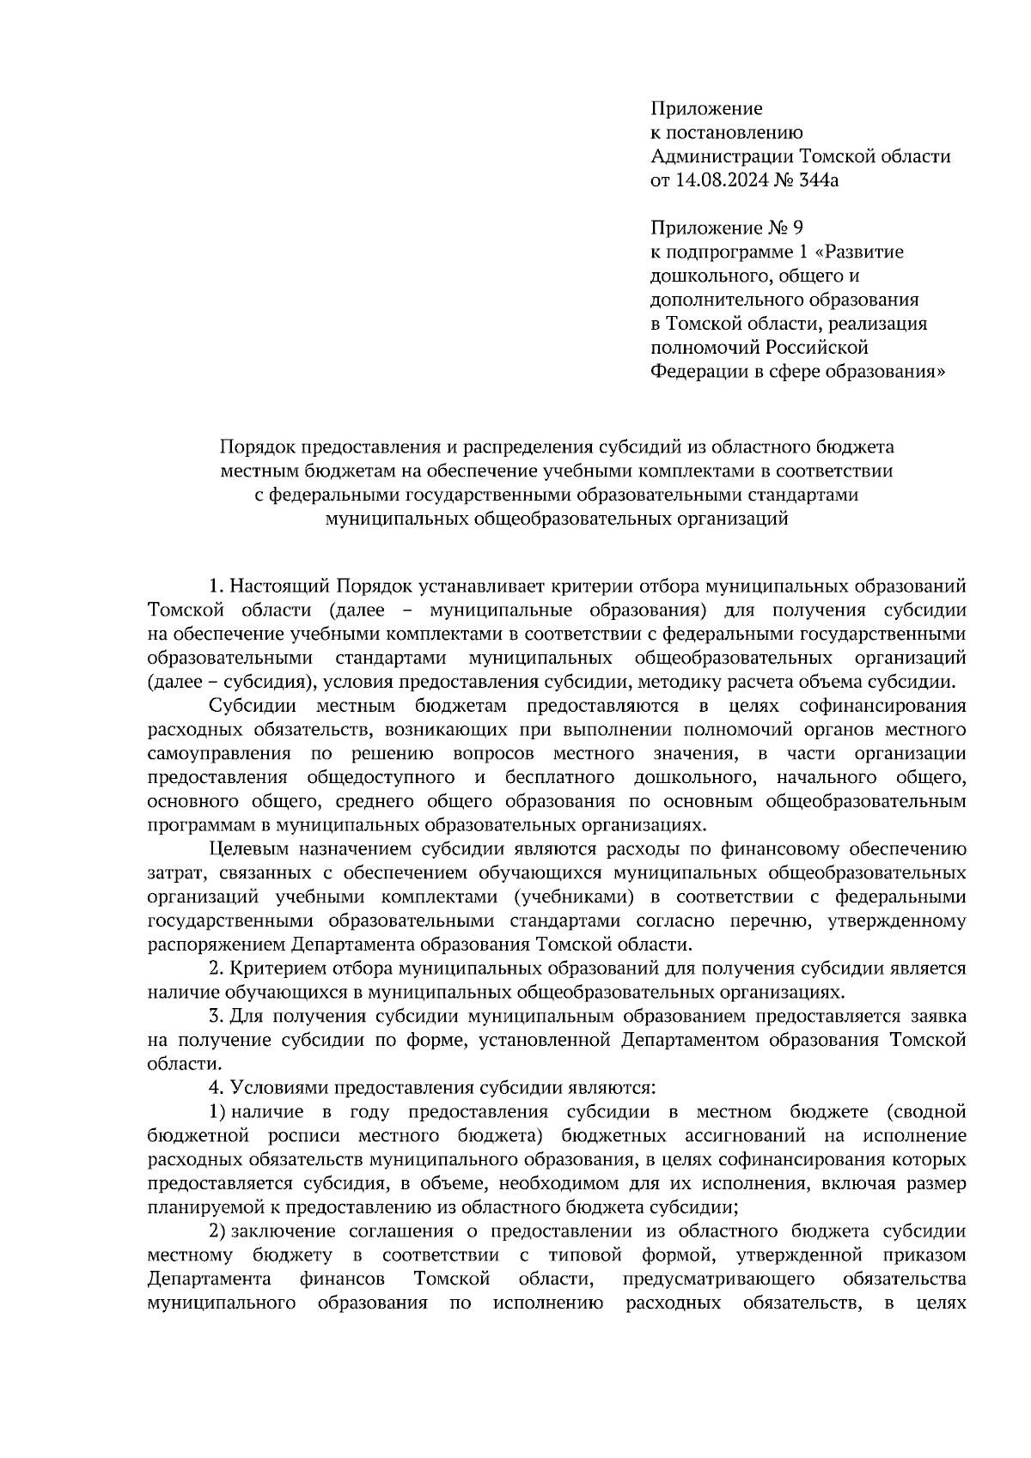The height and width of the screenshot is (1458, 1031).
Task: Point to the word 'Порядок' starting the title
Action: click(255, 447)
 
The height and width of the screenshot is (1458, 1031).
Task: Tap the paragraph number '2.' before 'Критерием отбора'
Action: click(217, 969)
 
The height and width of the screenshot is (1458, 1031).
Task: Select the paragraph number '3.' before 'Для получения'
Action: click(217, 1016)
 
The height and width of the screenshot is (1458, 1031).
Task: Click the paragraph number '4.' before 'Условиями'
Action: click(217, 1088)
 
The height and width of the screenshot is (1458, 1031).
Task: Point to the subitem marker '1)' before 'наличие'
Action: click(217, 1112)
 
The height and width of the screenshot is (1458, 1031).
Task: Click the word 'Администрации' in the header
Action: click(723, 156)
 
